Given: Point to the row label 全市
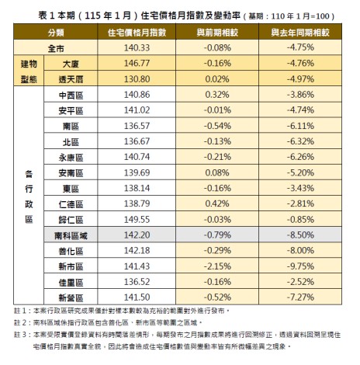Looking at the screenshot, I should (x=56, y=48).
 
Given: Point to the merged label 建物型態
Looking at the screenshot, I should (x=27, y=71).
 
